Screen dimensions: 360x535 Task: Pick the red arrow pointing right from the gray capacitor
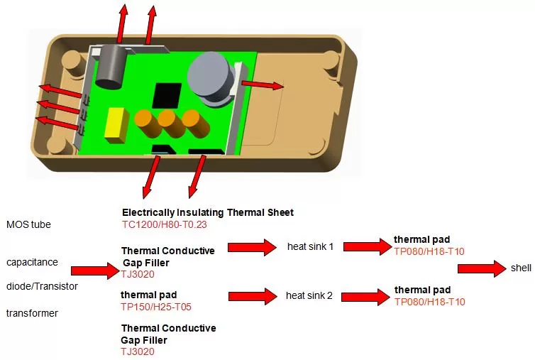tap(263, 84)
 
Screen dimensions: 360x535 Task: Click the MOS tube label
tap(28, 225)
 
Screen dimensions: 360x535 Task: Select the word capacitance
tap(32, 262)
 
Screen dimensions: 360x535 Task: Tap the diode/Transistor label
tap(42, 286)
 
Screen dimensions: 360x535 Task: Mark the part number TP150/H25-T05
tap(156, 307)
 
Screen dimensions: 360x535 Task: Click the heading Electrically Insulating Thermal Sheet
tap(207, 212)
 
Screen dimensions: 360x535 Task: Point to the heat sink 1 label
tap(310, 246)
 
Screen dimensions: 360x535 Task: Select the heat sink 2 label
tap(310, 295)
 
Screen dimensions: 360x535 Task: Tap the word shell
tap(519, 268)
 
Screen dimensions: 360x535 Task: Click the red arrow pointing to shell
tap(482, 268)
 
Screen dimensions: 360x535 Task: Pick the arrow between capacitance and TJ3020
tap(96, 271)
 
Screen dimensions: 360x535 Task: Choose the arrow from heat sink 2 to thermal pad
tap(364, 294)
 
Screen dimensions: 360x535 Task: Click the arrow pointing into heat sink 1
tap(251, 246)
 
